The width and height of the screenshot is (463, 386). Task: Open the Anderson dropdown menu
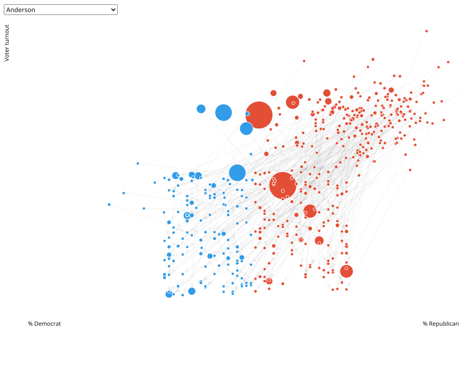pos(60,10)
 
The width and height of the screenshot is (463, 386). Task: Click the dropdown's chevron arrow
pos(113,10)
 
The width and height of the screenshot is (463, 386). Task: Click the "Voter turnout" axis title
pos(7,43)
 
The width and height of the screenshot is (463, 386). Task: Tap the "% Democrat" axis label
pos(44,324)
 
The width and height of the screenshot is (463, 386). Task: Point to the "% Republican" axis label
pos(441,324)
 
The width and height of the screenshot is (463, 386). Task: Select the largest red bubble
pos(259,115)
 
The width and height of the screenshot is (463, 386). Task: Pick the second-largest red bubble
pos(283,185)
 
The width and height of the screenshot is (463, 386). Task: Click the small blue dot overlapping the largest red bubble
pos(247,114)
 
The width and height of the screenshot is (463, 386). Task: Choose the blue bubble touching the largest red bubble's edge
pos(246,128)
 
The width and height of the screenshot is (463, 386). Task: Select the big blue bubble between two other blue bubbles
pos(223,112)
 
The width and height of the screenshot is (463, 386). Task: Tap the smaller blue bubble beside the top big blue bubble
pos(201,109)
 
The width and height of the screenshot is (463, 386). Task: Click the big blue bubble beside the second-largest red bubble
pos(237,173)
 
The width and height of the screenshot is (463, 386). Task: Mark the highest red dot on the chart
pos(426,31)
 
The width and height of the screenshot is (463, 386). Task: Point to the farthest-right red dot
pos(448,62)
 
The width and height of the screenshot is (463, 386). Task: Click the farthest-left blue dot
pos(109,205)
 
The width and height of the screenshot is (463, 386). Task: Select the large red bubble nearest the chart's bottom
pos(346,271)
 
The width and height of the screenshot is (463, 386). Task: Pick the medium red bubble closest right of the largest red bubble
pos(293,102)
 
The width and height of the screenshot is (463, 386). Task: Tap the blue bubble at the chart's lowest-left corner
pos(169,294)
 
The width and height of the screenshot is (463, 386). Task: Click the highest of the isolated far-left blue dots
pos(137,164)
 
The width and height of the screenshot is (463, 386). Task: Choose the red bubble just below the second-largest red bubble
pos(310,211)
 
